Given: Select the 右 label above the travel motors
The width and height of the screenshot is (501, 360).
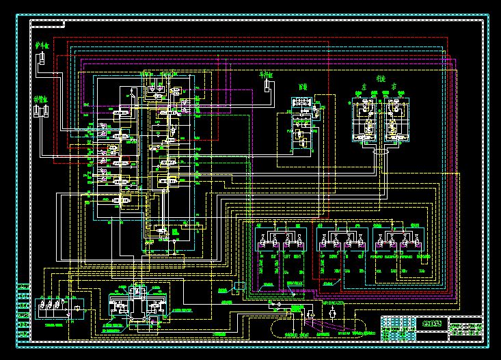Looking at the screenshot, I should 394,89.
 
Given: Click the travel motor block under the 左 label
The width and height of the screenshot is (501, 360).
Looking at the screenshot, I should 364,120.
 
